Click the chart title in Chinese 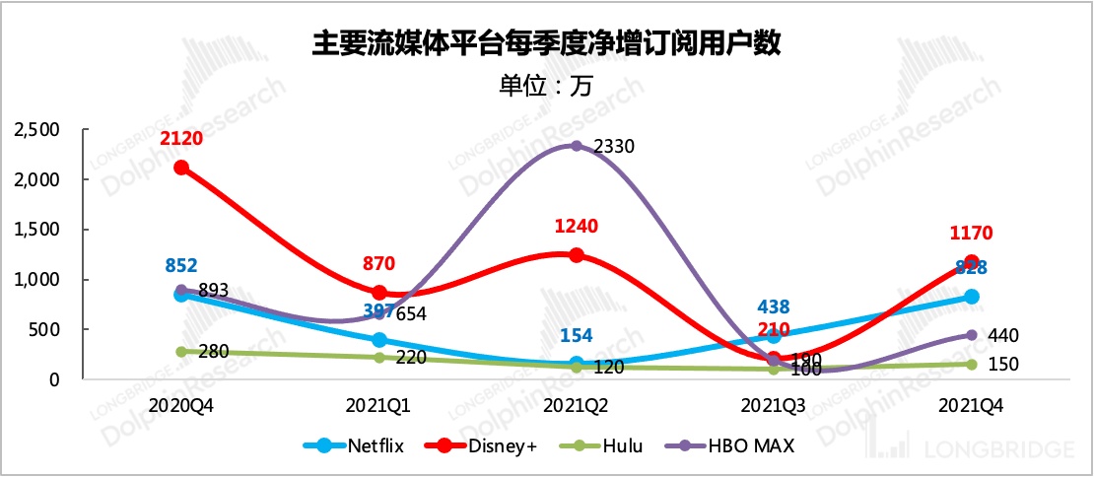(546, 42)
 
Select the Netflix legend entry (364, 446)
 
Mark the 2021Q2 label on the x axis (577, 405)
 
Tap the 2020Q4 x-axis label (181, 405)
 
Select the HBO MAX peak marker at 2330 (577, 147)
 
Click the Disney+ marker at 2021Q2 (577, 255)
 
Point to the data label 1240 (577, 226)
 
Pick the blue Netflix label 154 (577, 335)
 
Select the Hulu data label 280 (214, 352)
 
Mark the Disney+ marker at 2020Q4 (181, 168)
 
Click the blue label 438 (774, 307)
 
